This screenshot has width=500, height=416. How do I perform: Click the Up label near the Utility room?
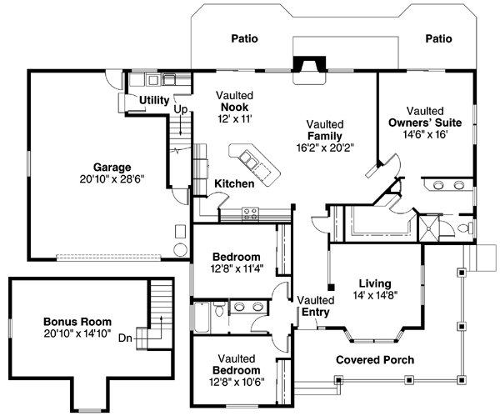coord(179,108)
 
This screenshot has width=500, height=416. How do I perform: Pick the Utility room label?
coord(154,100)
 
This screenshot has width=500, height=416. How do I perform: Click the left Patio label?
coord(243,38)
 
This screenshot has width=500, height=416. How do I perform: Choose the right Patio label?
coord(437,38)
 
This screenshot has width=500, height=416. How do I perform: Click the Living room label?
coord(368,283)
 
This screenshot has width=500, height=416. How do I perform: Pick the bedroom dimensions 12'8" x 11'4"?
coord(236,268)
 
